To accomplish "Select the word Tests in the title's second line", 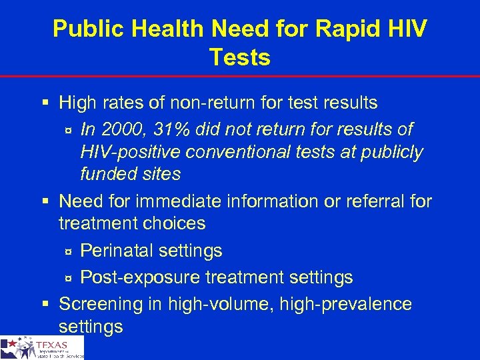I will pos(240,58).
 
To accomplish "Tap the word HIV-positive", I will pos(129,152).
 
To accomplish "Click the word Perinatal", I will pos(114,251).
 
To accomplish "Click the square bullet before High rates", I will pos(45,103).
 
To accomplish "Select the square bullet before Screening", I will pos(45,304).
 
